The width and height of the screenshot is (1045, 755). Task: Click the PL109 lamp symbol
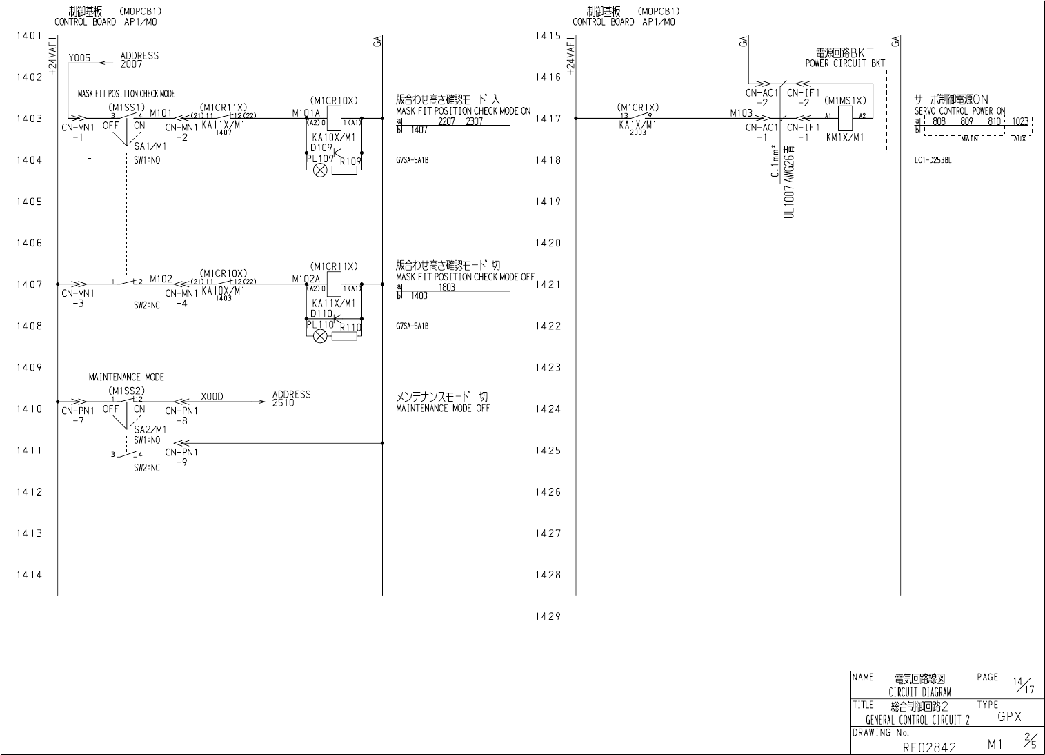pos(320,170)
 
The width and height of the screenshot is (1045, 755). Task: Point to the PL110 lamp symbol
pos(320,336)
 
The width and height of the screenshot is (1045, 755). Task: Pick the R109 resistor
pos(345,170)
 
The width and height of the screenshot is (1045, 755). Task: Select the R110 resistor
pos(345,336)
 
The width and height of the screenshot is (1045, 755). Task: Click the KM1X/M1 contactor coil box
pos(844,119)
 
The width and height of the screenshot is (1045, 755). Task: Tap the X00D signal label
pos(212,397)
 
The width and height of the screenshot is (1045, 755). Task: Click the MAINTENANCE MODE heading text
pos(126,377)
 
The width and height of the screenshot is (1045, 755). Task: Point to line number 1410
pos(29,409)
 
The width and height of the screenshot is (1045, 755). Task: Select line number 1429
pos(548,616)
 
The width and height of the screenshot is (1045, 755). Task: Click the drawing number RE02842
pos(930,747)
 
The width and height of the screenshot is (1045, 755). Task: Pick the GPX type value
pos(1009,717)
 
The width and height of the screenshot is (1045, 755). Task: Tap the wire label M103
pos(742,112)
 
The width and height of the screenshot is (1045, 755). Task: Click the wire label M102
pos(161,278)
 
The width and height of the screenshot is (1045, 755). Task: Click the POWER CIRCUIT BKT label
pos(845,63)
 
